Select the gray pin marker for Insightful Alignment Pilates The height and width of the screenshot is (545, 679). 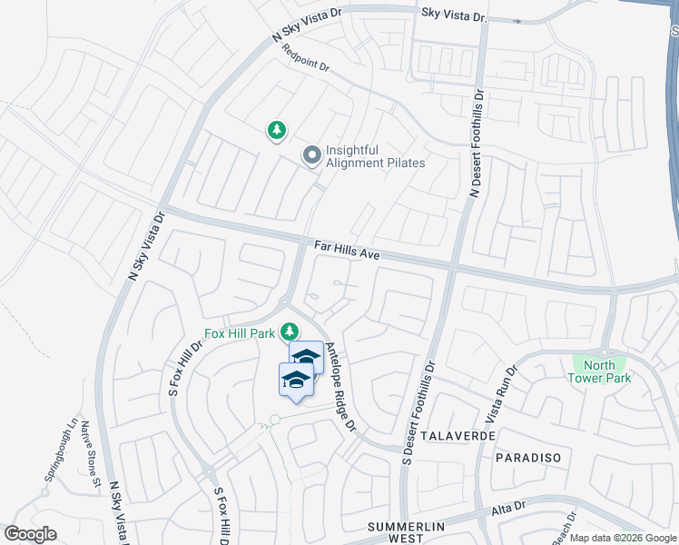point(312,156)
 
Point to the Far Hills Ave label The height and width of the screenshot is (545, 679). point(347,250)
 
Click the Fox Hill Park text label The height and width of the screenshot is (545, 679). point(239,333)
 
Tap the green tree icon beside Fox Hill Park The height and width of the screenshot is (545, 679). point(290,332)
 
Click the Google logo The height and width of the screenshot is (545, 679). point(30,534)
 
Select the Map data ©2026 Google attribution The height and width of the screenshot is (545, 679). point(623,538)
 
